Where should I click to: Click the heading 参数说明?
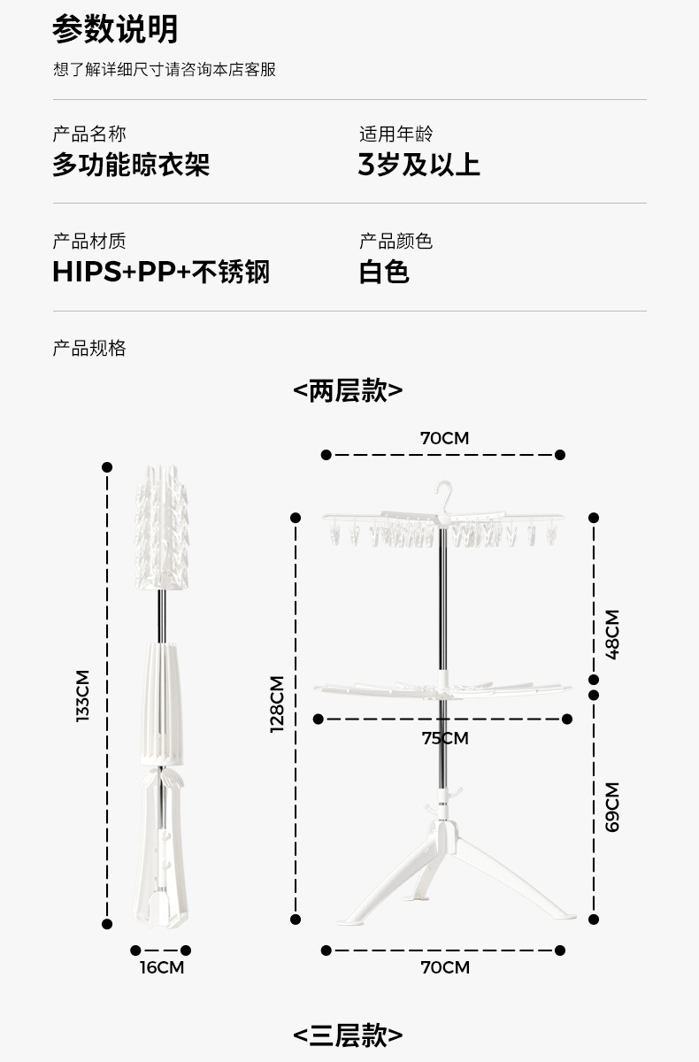115,29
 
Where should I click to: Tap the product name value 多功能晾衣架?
131,165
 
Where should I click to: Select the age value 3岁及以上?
419,165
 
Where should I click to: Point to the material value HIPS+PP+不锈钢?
161,272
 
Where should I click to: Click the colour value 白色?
384,272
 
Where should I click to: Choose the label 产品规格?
89,348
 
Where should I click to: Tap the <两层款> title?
348,390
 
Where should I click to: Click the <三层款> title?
348,1035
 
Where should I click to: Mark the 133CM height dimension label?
82,695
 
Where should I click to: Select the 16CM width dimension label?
162,967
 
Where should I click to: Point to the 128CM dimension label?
277,704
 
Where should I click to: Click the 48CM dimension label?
612,635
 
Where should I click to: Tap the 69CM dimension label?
612,806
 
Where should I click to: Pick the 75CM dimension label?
445,738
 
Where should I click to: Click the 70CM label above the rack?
444,438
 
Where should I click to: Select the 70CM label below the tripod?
444,967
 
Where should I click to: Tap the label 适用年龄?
396,135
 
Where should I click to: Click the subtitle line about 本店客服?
165,69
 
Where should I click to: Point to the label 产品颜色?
396,241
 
